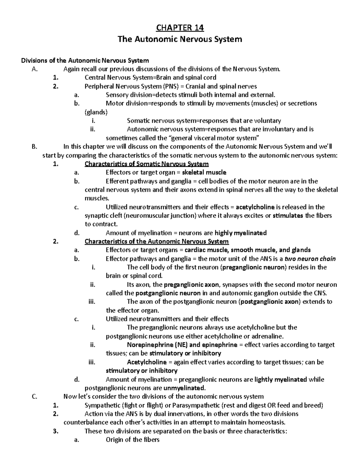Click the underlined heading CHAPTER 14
[x=180, y=28]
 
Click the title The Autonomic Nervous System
[x=180, y=39]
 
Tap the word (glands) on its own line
[x=96, y=112]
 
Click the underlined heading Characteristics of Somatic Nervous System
[x=147, y=164]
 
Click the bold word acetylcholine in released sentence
[x=255, y=207]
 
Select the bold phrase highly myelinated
[x=241, y=233]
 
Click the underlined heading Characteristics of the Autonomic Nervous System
[x=157, y=242]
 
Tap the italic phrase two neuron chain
[x=310, y=259]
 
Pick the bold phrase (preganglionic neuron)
[x=254, y=267]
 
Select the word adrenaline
[x=264, y=336]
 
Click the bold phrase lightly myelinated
[x=280, y=380]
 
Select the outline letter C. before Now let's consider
[x=34, y=397]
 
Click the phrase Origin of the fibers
[x=133, y=440]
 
